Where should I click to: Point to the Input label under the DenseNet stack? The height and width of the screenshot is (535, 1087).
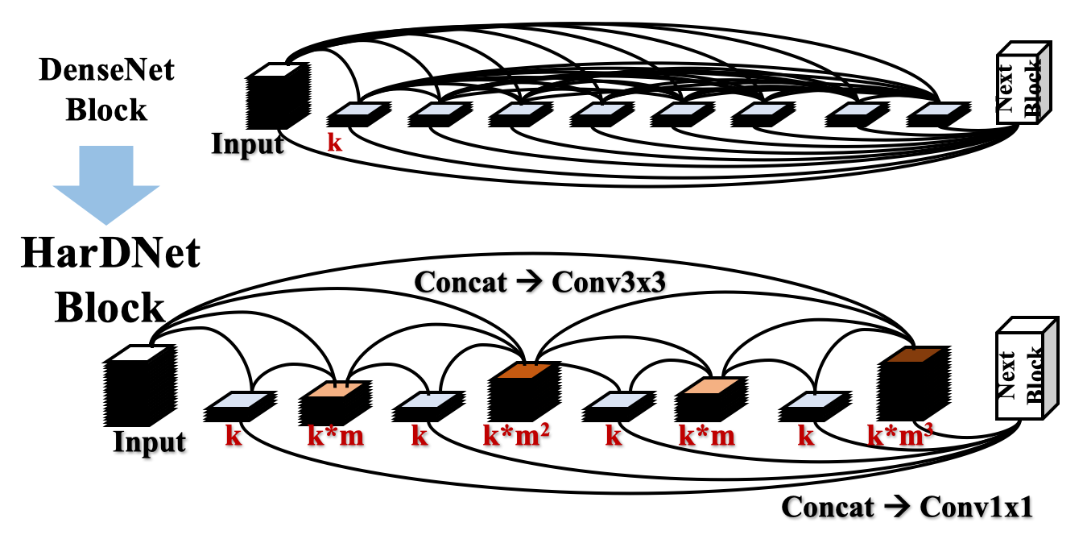(247, 144)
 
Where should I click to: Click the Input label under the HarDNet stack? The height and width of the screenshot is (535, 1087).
(149, 442)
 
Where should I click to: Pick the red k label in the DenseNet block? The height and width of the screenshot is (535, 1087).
(333, 143)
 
